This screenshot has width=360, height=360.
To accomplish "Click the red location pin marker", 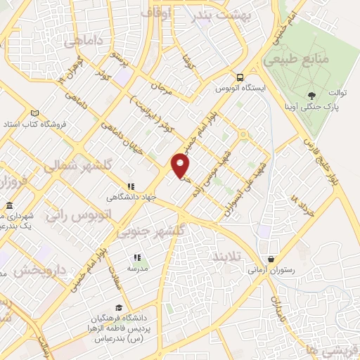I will click(181, 165).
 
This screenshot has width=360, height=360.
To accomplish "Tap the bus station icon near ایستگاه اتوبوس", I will click(240, 77).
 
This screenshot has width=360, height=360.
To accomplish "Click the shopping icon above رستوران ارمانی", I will click(271, 258).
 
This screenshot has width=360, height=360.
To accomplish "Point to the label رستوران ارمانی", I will click(271, 269).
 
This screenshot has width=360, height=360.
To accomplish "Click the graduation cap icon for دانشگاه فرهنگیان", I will click(119, 307).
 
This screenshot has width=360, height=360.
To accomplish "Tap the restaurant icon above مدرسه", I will click(136, 258).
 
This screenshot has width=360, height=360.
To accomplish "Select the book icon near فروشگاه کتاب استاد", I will click(36, 113).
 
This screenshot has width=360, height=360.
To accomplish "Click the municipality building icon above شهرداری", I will click(10, 206).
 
